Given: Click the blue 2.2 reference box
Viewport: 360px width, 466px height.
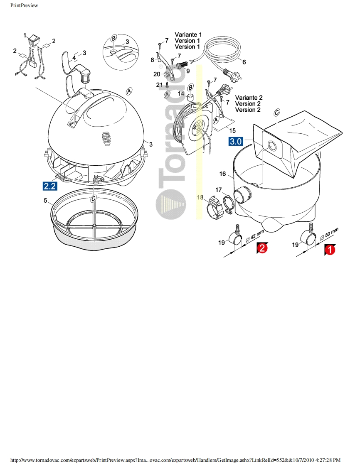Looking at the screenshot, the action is coord(50,186).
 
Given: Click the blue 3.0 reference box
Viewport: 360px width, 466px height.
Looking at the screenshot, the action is coord(236,142).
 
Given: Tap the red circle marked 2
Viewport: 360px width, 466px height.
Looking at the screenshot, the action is coord(262,248).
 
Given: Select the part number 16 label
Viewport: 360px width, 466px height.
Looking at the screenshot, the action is coord(222,174).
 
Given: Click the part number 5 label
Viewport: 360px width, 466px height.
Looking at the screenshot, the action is coord(45,201).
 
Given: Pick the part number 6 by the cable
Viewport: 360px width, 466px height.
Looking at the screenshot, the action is coord(244,62).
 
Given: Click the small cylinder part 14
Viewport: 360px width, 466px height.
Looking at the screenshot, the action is coord(190,96).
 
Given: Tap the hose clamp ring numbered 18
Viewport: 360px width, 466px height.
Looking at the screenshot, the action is coord(214,205).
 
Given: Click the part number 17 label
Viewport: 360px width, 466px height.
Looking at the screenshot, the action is coord(219,190).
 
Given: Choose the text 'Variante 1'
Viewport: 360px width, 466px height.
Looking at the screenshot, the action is coord(188,34).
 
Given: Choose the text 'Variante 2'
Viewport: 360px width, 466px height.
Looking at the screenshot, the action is coord(249,98).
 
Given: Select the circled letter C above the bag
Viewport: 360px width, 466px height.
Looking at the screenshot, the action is coord(277,112).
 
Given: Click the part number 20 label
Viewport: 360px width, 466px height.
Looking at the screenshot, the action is coord(157,74).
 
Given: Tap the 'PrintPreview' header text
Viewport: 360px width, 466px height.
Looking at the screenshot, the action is coord(24,5).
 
